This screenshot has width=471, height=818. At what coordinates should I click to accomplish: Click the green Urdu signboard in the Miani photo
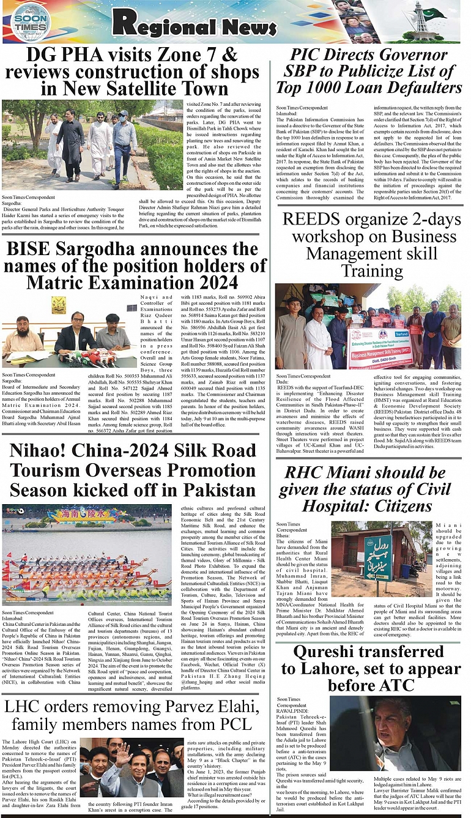378,558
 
